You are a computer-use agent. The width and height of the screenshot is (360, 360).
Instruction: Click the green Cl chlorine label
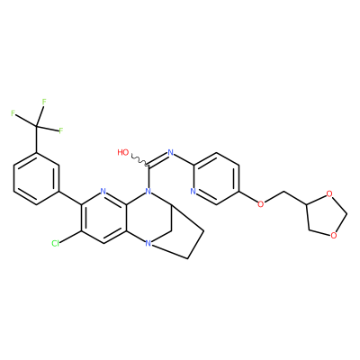click(x=56, y=244)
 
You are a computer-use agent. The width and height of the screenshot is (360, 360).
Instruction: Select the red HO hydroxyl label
click(x=123, y=152)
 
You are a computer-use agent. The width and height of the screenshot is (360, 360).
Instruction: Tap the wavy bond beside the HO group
click(x=139, y=160)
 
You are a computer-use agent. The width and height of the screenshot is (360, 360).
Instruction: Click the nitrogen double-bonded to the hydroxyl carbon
click(x=171, y=152)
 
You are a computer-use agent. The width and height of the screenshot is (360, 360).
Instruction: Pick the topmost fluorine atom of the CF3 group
click(x=44, y=102)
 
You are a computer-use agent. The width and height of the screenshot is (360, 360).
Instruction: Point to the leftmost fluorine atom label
click(x=13, y=113)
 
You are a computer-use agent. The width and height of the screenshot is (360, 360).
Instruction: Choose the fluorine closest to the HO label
click(x=61, y=130)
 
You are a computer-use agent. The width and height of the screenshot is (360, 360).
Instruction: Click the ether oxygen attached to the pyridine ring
click(x=261, y=204)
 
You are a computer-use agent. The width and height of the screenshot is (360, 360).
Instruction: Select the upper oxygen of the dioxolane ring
click(x=329, y=194)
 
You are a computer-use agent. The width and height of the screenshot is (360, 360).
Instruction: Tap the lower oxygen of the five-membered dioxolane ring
click(x=333, y=235)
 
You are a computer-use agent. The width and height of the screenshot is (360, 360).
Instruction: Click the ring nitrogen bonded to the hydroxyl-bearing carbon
click(x=148, y=191)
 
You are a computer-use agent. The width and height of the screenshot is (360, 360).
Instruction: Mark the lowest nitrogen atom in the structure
click(x=148, y=244)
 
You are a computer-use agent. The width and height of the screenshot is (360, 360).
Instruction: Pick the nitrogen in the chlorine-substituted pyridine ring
click(x=103, y=191)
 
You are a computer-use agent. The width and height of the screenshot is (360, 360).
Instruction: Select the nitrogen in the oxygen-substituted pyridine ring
click(x=193, y=191)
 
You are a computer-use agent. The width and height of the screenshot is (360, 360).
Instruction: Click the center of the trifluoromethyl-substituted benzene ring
click(x=36, y=179)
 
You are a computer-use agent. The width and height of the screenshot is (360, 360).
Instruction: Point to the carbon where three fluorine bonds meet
click(x=37, y=127)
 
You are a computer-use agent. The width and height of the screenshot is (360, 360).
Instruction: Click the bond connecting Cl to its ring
click(x=70, y=237)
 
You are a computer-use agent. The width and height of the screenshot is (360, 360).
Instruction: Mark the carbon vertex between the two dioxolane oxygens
click(x=347, y=214)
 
